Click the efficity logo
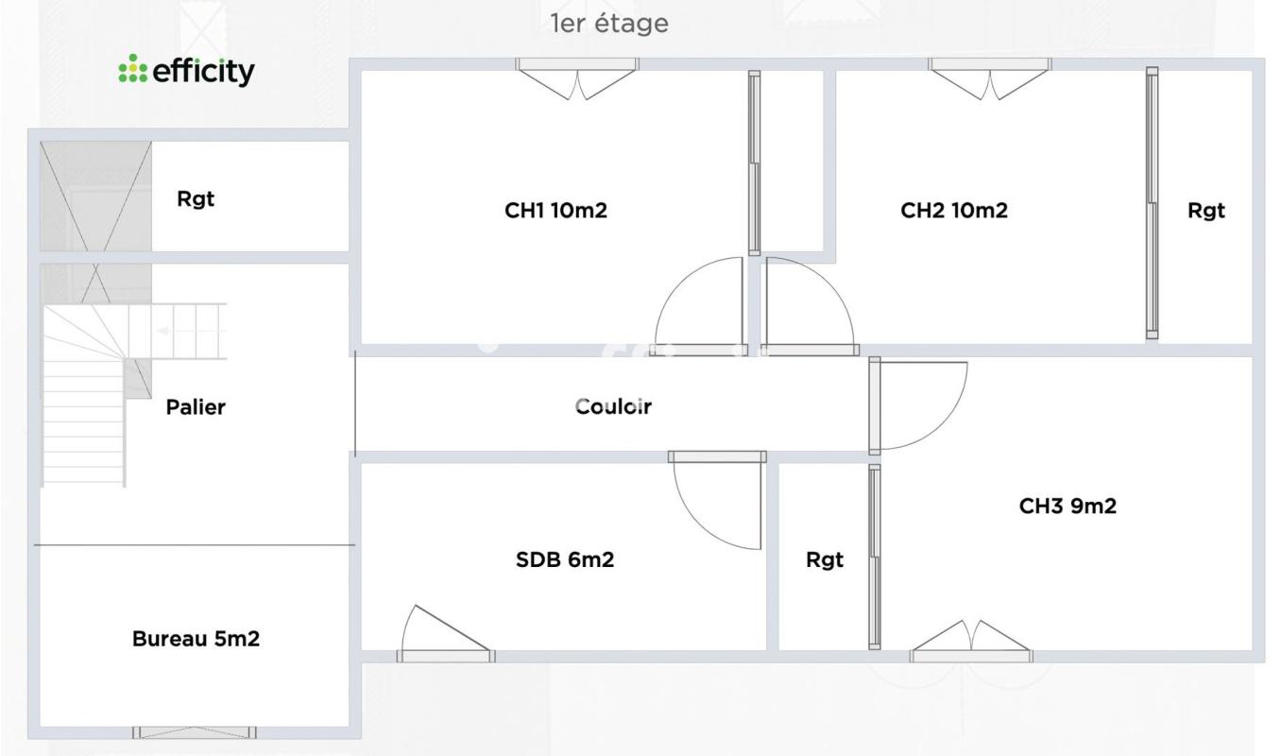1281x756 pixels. click(x=186, y=71)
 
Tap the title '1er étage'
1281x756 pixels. click(x=609, y=25)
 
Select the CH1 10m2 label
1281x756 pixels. click(x=555, y=211)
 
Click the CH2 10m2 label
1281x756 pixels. click(x=954, y=211)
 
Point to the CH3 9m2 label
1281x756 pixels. click(x=1067, y=507)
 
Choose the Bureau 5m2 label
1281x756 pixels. click(x=196, y=639)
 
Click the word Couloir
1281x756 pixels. click(x=614, y=407)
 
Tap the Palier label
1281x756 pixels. click(x=196, y=407)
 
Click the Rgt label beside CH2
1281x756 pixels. click(x=1206, y=211)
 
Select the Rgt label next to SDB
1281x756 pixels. click(x=825, y=560)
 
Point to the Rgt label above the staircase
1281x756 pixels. click(x=196, y=199)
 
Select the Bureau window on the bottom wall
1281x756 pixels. click(x=194, y=732)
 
